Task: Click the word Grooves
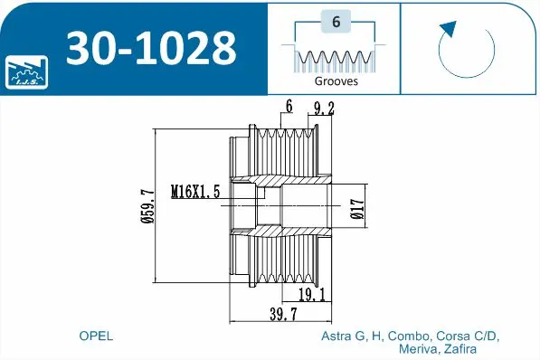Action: (x=336, y=81)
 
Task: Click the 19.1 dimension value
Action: (x=310, y=295)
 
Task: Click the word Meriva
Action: (x=412, y=348)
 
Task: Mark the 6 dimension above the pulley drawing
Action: (x=288, y=107)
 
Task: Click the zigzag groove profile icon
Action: (x=335, y=60)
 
